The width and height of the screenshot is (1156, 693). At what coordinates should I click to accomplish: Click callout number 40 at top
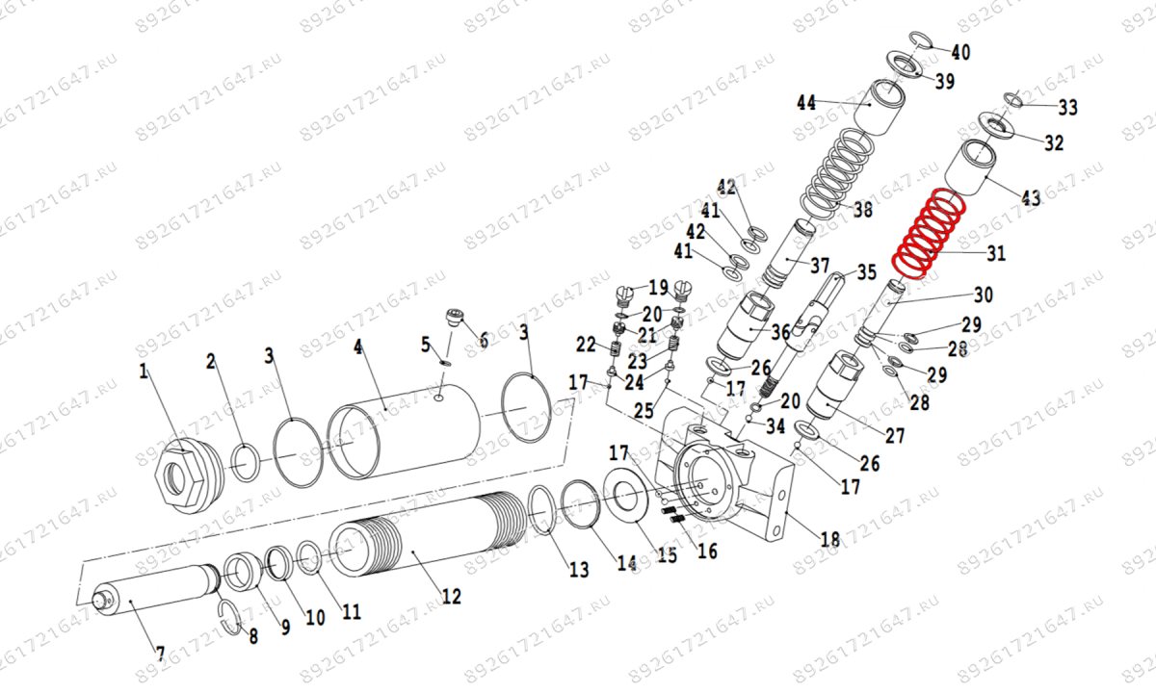960,52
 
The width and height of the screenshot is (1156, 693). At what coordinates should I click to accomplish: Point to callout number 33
1067,107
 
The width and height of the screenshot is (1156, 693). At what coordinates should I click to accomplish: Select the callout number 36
781,332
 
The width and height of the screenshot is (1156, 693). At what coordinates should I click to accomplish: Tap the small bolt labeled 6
455,318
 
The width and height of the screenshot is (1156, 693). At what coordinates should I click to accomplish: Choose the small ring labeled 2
245,460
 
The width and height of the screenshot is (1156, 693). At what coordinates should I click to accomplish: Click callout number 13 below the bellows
577,570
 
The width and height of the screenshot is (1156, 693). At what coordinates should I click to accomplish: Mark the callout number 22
586,345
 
